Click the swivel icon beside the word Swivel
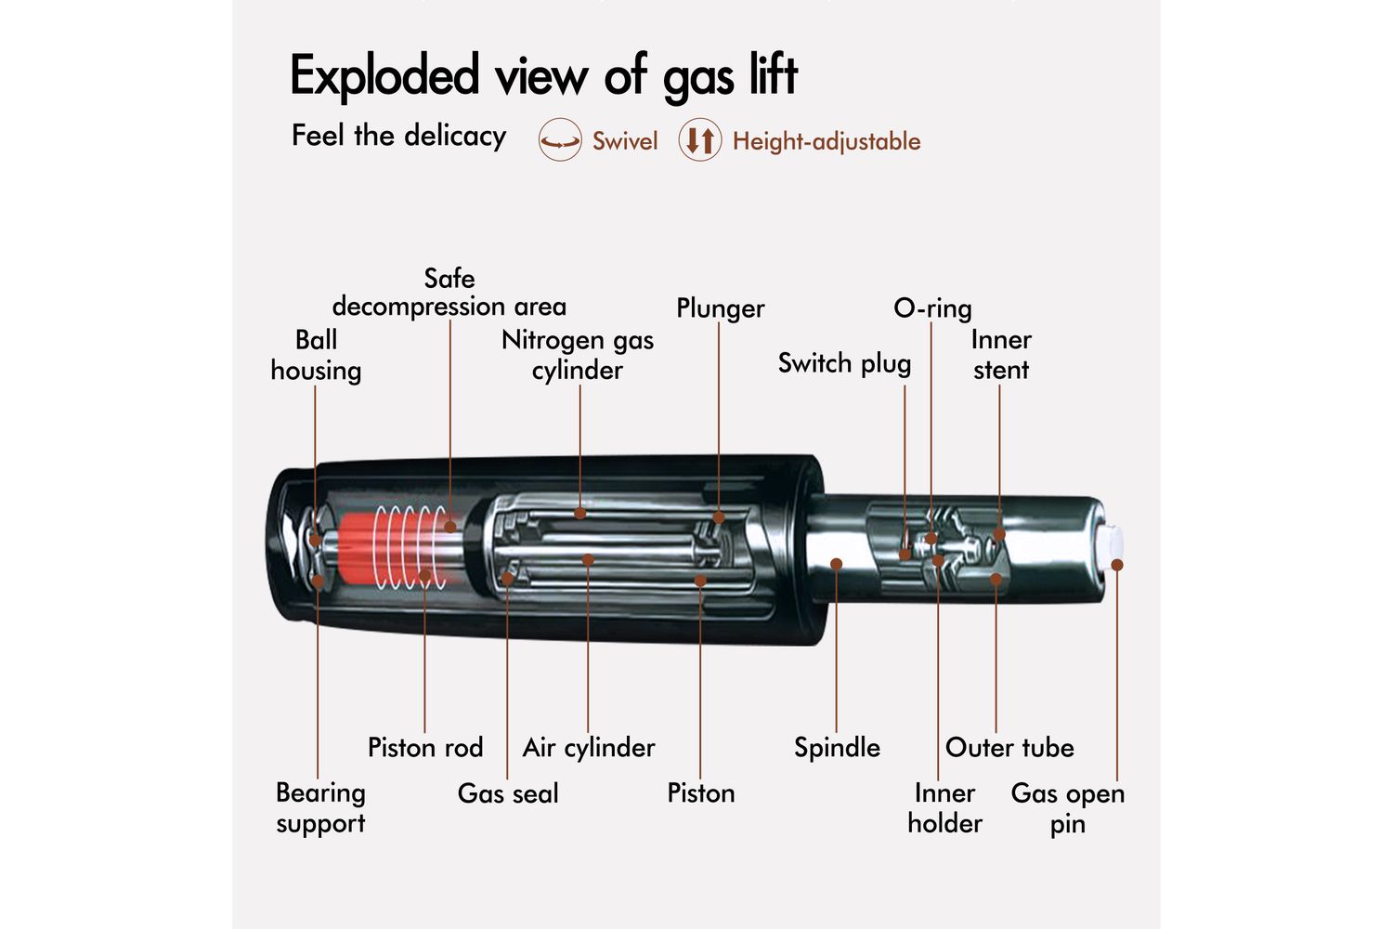tap(560, 141)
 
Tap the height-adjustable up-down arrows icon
tap(700, 141)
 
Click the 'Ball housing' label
tap(316, 355)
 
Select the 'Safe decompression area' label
tap(449, 293)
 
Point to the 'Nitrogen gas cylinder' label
tap(578, 355)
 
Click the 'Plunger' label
tap(720, 308)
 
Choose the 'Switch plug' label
tap(844, 363)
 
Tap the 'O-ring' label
tap(932, 308)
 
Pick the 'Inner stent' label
tap(1001, 355)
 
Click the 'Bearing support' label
tap(320, 807)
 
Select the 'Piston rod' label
tap(425, 748)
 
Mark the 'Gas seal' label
tap(508, 793)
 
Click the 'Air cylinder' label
tap(589, 748)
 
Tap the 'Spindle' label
tap(837, 748)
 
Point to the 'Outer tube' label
tap(1009, 748)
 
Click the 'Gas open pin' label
tap(1068, 808)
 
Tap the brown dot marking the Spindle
tap(837, 564)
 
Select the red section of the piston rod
tap(357, 547)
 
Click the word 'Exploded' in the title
tap(384, 76)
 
